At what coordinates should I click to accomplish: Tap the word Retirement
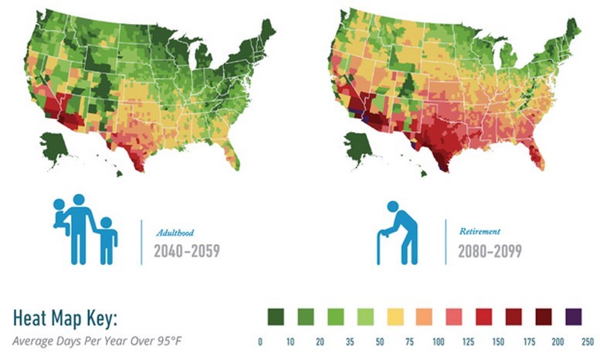pyautogui.click(x=479, y=231)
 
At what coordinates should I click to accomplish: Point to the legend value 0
pyautogui.click(x=262, y=340)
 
